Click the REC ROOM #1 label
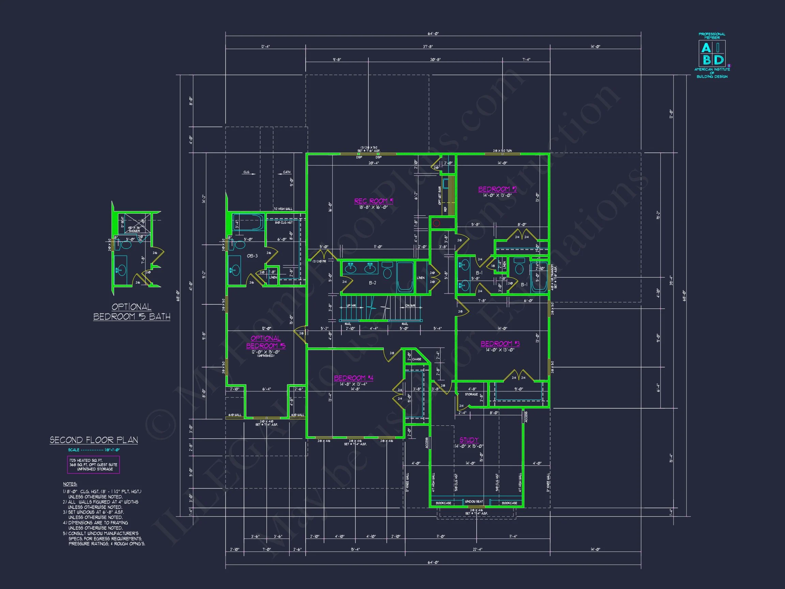click(x=373, y=201)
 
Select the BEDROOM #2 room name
click(x=497, y=189)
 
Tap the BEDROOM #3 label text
click(x=500, y=343)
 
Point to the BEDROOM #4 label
click(x=353, y=378)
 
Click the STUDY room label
click(x=469, y=440)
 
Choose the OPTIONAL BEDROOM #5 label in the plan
click(x=266, y=342)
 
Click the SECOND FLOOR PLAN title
click(x=94, y=440)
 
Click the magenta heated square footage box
click(x=93, y=465)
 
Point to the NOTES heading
click(x=70, y=484)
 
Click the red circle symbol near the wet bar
click(x=436, y=223)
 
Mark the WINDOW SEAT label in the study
click(x=474, y=501)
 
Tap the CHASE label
click(x=417, y=359)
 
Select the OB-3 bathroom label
click(x=252, y=256)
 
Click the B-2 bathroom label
click(x=372, y=283)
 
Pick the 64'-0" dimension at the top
click(x=433, y=34)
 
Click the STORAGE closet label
click(x=471, y=394)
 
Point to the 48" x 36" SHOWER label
click(x=134, y=229)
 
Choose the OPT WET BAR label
click(x=440, y=196)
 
